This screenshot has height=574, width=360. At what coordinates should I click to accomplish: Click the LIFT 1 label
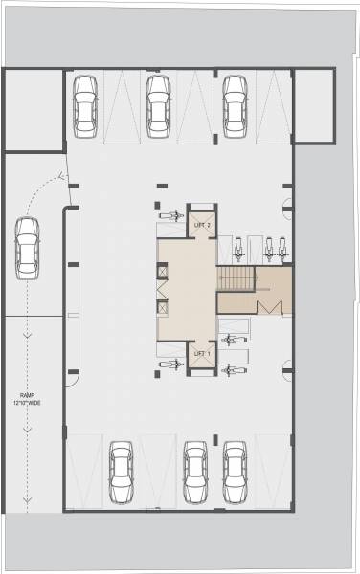(x=202, y=353)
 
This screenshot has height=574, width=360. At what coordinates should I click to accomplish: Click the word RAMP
(x=28, y=395)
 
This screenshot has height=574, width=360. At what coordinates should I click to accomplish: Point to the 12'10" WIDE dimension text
(x=28, y=404)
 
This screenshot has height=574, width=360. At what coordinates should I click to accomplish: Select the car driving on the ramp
(x=28, y=249)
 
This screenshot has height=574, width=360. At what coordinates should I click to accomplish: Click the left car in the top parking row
(x=85, y=103)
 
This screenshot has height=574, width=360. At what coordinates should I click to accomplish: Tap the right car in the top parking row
(x=234, y=103)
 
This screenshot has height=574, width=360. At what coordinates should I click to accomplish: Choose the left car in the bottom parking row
(x=121, y=472)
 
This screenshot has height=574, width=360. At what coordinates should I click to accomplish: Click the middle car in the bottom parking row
(x=195, y=472)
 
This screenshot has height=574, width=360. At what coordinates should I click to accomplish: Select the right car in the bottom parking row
(x=234, y=472)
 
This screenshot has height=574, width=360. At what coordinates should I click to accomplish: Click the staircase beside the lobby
(x=236, y=278)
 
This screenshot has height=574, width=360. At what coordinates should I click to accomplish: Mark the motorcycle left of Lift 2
(x=170, y=215)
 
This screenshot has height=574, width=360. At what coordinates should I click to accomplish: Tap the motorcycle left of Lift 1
(x=170, y=364)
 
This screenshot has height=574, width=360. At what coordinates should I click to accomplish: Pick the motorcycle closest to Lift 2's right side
(x=233, y=251)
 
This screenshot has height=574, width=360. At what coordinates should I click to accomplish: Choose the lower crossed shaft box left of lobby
(x=163, y=308)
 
